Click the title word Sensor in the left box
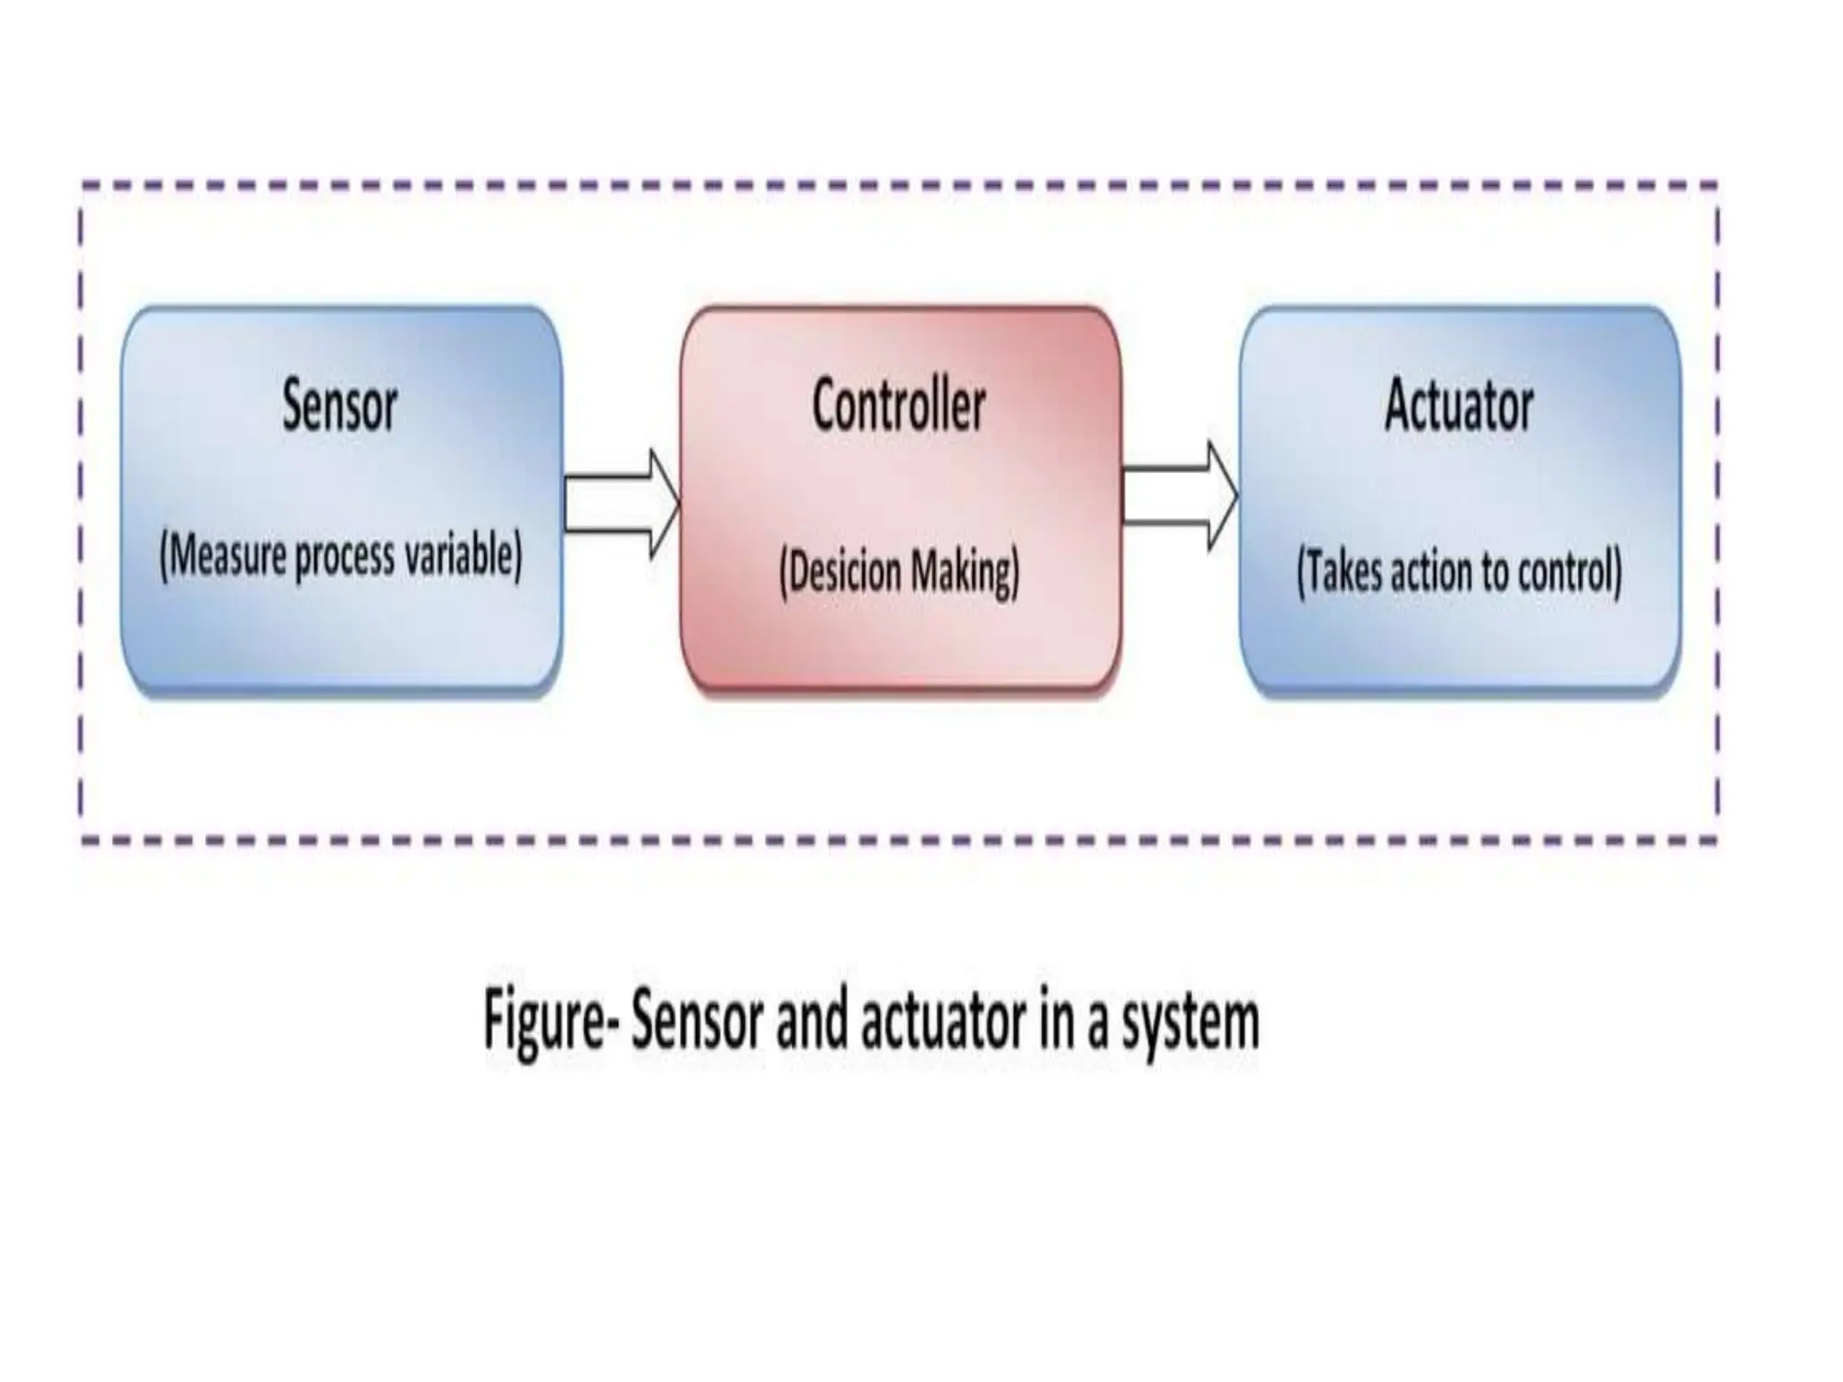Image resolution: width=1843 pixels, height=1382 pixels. (x=339, y=406)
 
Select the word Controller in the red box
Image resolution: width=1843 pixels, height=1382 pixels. (x=898, y=406)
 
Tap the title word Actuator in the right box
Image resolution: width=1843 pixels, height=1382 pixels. (x=1459, y=406)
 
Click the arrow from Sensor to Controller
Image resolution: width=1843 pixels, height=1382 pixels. (x=621, y=504)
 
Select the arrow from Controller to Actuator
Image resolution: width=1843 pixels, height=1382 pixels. (x=1180, y=495)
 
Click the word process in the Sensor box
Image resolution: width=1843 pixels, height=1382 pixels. (x=346, y=558)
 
